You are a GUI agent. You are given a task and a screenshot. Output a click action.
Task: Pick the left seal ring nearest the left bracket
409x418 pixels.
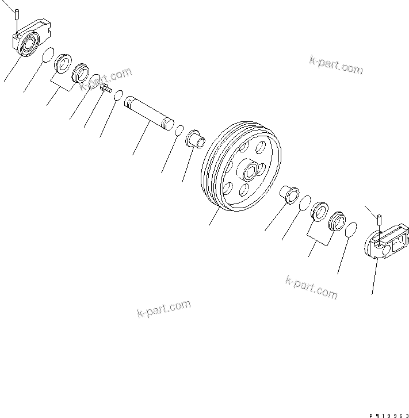point(63,63)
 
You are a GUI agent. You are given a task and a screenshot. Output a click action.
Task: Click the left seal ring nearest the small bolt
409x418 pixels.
point(81,71)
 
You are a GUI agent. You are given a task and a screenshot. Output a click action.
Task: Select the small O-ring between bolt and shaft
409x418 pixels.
point(118,95)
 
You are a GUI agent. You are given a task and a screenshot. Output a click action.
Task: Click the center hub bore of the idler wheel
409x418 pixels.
point(251,170)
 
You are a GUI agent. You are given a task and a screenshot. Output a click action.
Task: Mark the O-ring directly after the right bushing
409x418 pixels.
point(304,201)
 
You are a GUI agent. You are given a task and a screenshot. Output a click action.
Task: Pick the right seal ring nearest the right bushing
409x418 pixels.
point(319,210)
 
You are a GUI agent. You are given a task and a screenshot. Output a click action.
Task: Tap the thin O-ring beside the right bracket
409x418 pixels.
point(352,229)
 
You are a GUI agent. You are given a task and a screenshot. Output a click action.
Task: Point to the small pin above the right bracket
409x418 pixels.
point(380,220)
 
